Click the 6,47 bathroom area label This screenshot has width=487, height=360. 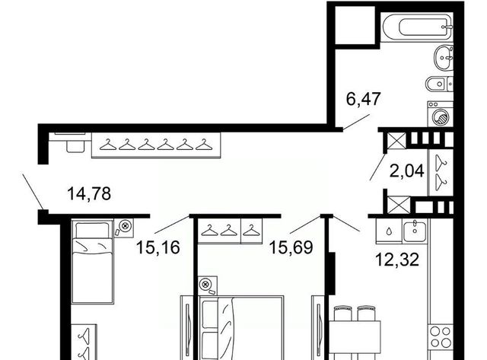tap(363, 100)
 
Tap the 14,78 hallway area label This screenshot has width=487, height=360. tap(89, 194)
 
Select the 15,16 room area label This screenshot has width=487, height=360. tap(158, 247)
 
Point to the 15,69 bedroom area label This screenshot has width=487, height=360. tap(291, 247)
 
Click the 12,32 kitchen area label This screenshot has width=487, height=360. tap(397, 260)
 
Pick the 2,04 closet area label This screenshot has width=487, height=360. tap(407, 171)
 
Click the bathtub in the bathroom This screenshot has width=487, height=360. tap(417, 27)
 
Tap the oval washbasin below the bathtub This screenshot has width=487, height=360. tap(443, 58)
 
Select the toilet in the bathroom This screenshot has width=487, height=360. tap(439, 84)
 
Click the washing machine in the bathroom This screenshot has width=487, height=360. tap(440, 113)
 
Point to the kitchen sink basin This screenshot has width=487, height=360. tap(415, 231)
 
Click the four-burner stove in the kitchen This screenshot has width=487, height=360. tap(441, 337)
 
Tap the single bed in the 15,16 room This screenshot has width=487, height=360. tap(92, 261)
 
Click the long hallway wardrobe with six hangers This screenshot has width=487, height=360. tap(156, 145)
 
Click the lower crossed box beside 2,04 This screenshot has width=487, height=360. tap(399, 205)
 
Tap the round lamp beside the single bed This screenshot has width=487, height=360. tap(124, 227)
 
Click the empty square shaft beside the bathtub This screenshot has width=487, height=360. tap(355, 25)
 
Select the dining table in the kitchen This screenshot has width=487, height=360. tap(355, 336)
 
